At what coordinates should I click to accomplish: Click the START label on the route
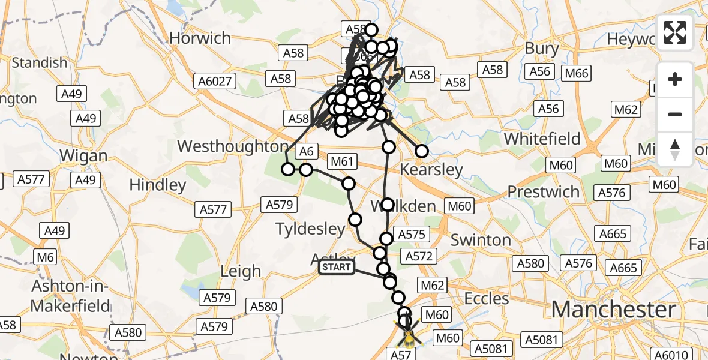pos(337,267)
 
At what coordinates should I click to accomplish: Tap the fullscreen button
pos(675,32)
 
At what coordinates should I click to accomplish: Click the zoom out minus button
pos(675,114)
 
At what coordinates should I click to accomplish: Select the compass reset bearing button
pos(675,149)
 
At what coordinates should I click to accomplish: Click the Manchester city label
pos(613,310)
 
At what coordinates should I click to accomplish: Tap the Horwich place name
pos(200,38)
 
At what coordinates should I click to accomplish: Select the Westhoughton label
pos(233,146)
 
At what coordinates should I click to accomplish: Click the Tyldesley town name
pos(310,228)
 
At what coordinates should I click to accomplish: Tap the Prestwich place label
pos(543,192)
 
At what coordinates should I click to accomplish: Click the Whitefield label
pos(542,139)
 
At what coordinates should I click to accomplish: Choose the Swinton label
pos(480,240)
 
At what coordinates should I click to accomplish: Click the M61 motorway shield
pos(343,161)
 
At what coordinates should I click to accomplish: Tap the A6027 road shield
pos(217,81)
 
